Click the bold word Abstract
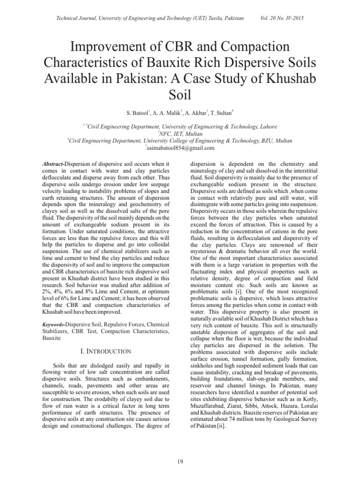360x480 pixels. [52, 165]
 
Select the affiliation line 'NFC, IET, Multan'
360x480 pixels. [180, 134]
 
